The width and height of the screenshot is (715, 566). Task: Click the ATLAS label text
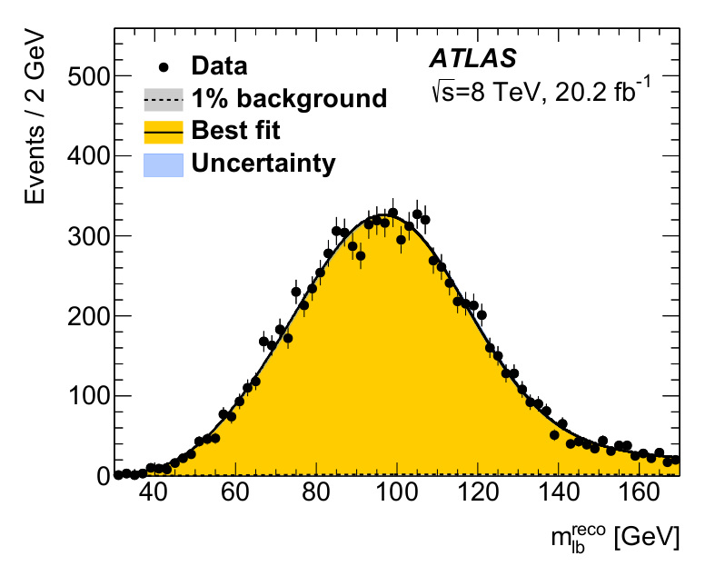point(472,58)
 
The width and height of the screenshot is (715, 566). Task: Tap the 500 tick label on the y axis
point(89,76)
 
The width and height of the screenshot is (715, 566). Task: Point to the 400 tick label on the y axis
point(89,156)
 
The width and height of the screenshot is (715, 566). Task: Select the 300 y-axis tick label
point(89,237)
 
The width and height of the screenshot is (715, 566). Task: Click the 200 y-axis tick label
point(89,316)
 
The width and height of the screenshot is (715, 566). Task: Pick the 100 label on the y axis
point(89,396)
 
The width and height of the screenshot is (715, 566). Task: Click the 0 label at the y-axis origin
point(104,477)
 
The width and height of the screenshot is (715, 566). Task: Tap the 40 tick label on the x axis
point(154,492)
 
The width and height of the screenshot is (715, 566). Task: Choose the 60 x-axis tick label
point(234,492)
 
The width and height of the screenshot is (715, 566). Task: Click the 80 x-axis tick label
point(316,492)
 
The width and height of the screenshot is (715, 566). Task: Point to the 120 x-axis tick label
point(478,492)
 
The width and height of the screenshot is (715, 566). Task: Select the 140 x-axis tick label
point(559,492)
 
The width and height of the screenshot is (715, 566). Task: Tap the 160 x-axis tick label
point(640,492)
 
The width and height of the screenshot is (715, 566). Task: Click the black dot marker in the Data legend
point(164,67)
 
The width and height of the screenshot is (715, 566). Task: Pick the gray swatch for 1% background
point(164,100)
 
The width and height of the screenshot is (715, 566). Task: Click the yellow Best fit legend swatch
point(164,133)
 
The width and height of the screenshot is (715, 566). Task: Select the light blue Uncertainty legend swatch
point(164,164)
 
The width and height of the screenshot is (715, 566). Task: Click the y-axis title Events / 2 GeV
point(35,117)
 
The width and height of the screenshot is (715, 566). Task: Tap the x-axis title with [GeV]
point(615,538)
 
